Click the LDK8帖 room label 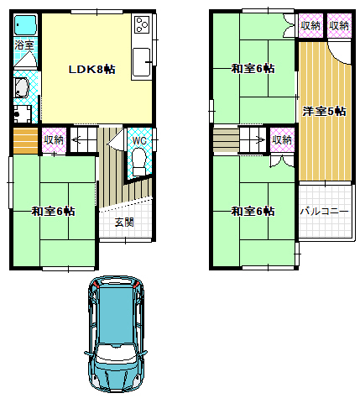click(92, 69)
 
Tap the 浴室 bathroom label click(24, 45)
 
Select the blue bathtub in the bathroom click(25, 25)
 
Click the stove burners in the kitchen click(142, 24)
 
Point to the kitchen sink click(141, 62)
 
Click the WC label click(139, 140)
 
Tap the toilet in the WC click(139, 161)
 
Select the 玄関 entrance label click(124, 223)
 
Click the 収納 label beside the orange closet click(54, 139)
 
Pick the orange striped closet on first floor click(25, 141)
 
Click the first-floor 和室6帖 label click(53, 211)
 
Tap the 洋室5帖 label click(324, 111)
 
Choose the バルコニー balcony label click(325, 212)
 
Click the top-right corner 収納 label click(339, 26)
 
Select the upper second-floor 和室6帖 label click(253, 68)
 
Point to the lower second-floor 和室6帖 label click(253, 211)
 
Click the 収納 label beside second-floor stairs click(282, 139)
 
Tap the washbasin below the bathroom click(21, 87)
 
